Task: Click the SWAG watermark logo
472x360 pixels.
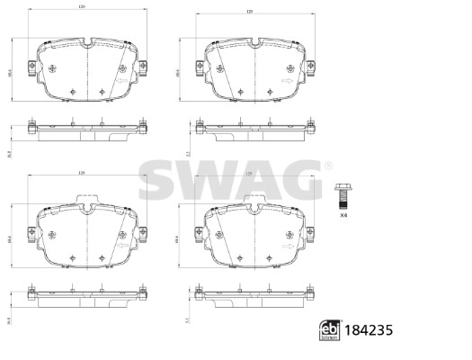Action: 232,183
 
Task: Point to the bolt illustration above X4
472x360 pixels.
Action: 342,195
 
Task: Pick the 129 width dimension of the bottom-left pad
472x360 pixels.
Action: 80,173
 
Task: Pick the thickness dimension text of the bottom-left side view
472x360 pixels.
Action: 8,319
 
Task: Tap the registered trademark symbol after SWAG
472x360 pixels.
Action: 329,165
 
